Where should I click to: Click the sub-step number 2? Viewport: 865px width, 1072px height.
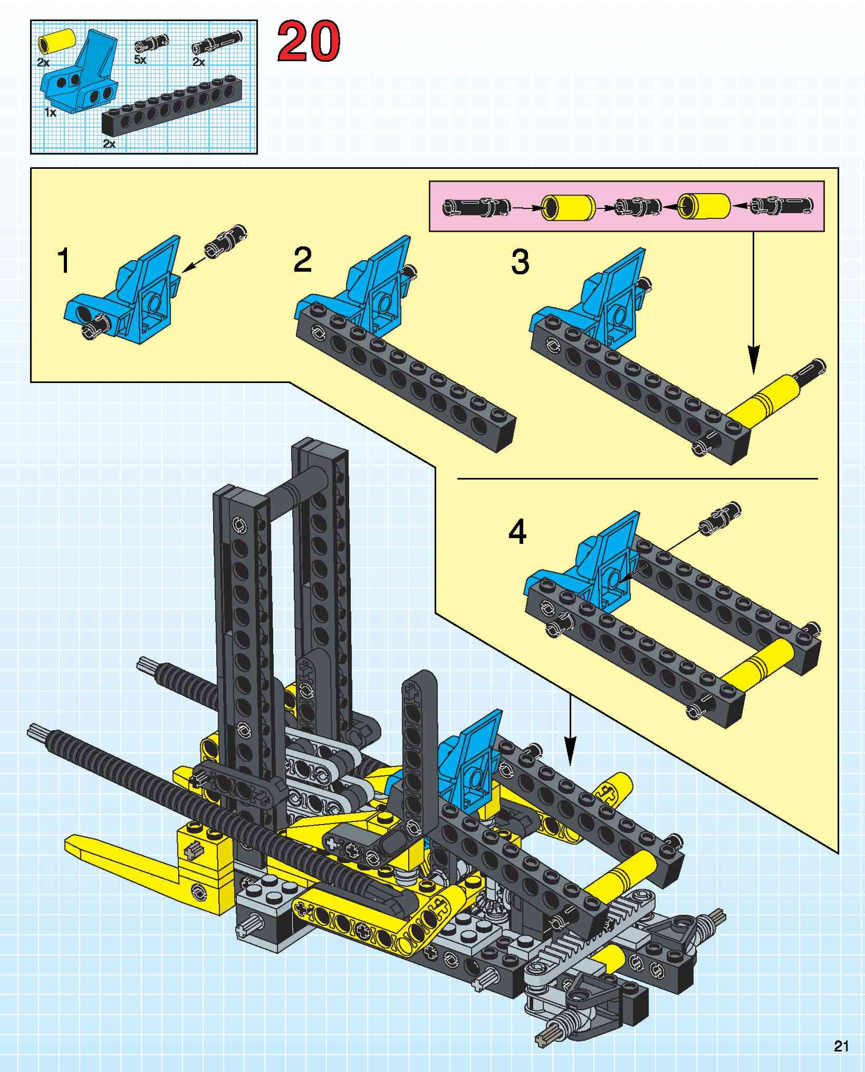(302, 260)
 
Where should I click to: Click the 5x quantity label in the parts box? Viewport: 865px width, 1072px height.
(140, 60)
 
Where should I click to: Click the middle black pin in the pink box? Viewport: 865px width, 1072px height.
(638, 206)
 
